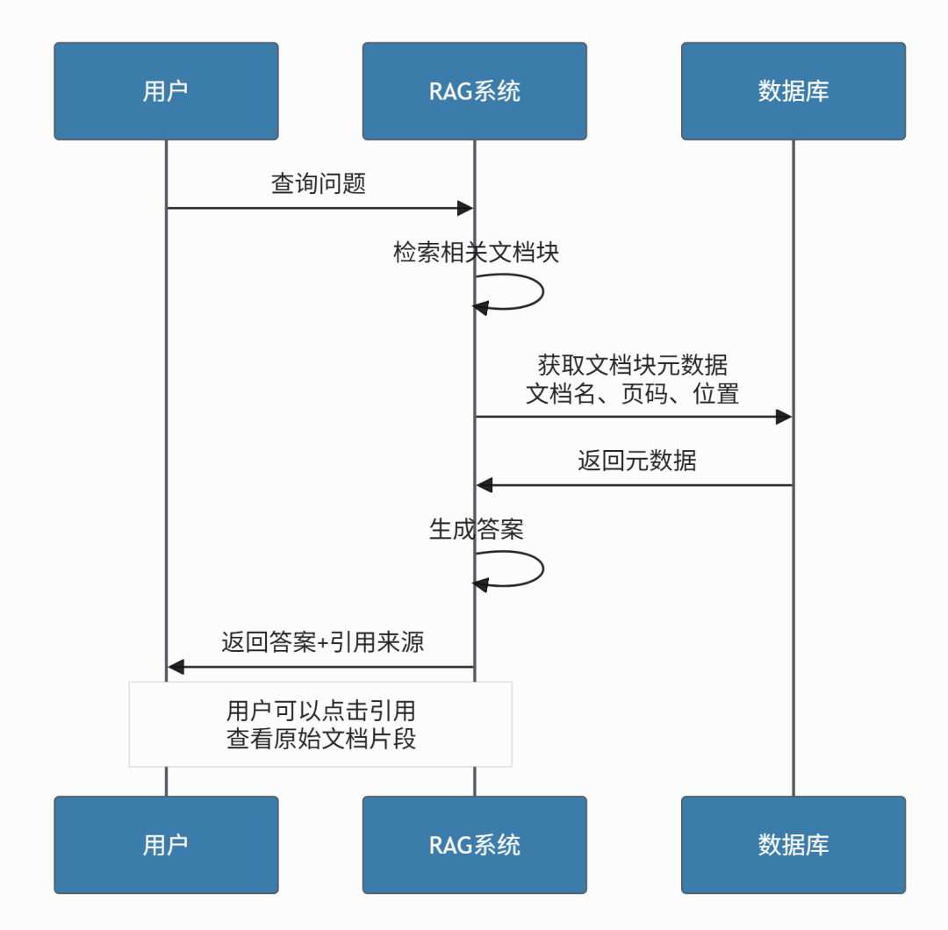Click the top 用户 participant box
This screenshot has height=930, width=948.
[x=166, y=91]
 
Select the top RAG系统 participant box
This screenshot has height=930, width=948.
[x=474, y=91]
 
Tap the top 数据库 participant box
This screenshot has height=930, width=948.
[x=793, y=91]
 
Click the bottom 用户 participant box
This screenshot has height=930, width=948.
[x=166, y=845]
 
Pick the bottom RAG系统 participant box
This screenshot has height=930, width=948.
[x=474, y=845]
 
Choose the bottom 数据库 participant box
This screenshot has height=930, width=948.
[x=793, y=845]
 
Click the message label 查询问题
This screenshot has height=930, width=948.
[x=319, y=184]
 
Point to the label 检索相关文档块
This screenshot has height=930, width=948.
[x=476, y=253]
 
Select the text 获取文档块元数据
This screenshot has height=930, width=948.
[x=632, y=365]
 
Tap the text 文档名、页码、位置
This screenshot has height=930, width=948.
[x=632, y=393]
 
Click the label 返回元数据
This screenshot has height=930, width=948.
[x=636, y=461]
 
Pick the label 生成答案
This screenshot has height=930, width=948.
[x=476, y=529]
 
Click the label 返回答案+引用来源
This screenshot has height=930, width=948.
[x=322, y=642]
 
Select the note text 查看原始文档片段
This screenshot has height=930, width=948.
[x=320, y=739]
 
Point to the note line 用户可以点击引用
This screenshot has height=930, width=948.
[x=320, y=710]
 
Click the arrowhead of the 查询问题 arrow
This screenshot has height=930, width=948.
[x=465, y=208]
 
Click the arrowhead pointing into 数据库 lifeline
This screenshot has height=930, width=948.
[x=783, y=417]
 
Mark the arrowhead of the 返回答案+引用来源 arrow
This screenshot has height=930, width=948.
[x=176, y=667]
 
